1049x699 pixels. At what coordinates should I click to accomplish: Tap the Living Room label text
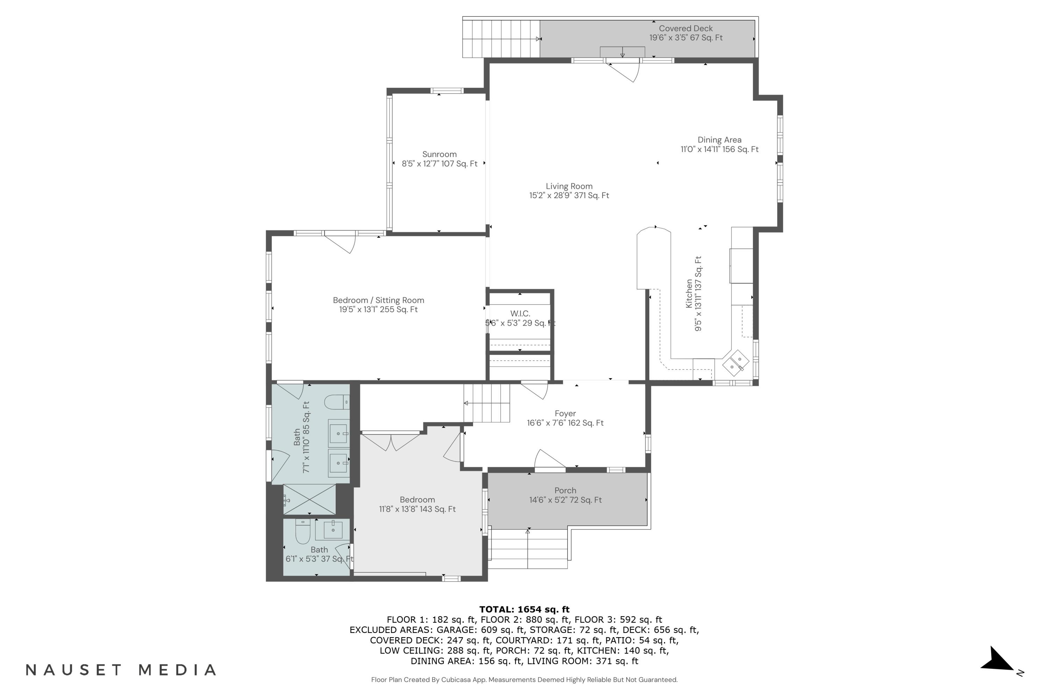(x=569, y=186)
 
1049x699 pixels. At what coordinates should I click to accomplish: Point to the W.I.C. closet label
(x=520, y=314)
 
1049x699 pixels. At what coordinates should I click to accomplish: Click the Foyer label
(x=565, y=414)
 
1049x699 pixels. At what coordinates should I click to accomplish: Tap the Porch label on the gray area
(x=565, y=490)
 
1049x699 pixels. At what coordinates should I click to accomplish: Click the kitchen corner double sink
(x=736, y=362)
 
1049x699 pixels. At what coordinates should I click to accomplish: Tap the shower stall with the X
(x=309, y=499)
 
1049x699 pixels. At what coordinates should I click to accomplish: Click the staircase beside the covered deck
(x=500, y=39)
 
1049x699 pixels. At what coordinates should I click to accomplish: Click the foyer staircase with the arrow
(x=487, y=403)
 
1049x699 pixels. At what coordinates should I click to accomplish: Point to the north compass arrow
(x=999, y=660)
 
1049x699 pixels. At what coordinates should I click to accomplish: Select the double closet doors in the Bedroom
(x=391, y=441)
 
